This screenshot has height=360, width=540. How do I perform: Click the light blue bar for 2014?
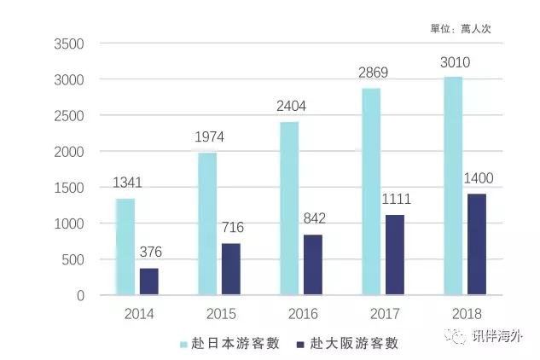[x=125, y=247]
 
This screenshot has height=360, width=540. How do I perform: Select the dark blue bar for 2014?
[x=148, y=282]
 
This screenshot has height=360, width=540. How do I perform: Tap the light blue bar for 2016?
[x=289, y=208]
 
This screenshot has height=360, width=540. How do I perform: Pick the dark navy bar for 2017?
[x=394, y=255]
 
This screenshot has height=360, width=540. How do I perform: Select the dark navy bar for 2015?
[x=230, y=270]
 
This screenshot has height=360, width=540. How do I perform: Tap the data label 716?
[x=234, y=228]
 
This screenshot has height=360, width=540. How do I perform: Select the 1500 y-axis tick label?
[x=68, y=188]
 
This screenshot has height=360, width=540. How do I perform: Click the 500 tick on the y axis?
[x=73, y=260]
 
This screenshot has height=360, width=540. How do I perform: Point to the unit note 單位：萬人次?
[x=461, y=28]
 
